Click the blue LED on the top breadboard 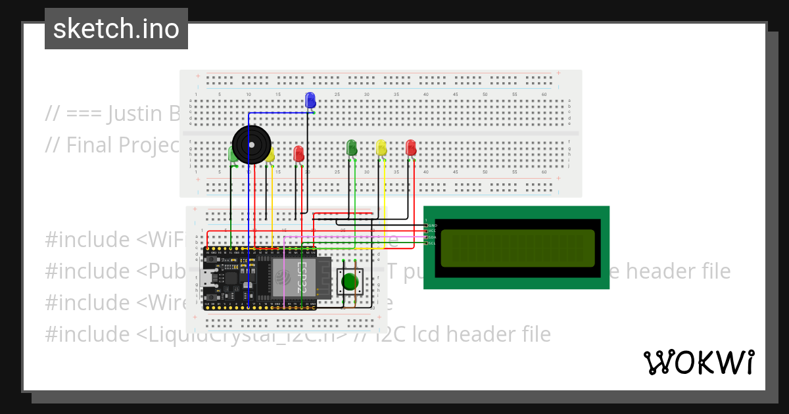click(310, 101)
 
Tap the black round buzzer click(251, 145)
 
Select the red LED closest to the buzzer click(299, 154)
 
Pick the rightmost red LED click(411, 148)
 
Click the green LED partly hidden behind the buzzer click(232, 155)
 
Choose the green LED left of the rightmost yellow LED click(352, 148)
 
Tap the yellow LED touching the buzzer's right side click(270, 155)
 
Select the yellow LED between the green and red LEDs click(381, 148)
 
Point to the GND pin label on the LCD click(432, 225)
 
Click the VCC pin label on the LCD click(432, 231)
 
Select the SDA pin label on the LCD click(432, 237)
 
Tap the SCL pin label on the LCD click(432, 243)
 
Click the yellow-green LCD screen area click(517, 248)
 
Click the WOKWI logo click(698, 362)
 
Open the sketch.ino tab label click(116, 29)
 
